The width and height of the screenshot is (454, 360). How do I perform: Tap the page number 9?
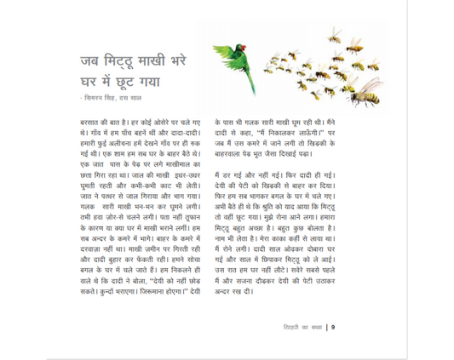tap(334, 326)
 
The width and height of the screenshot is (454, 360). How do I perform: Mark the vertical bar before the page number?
tap(328, 326)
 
